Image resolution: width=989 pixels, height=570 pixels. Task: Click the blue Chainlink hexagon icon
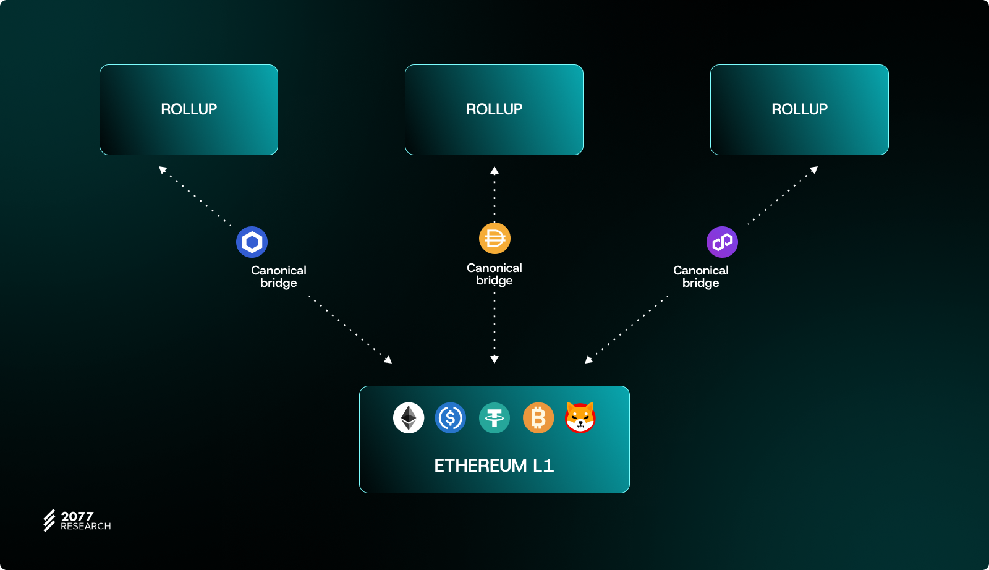coord(252,242)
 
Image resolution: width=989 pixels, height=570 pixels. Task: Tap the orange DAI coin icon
coord(494,238)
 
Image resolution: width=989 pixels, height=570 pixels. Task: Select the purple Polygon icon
coord(722,242)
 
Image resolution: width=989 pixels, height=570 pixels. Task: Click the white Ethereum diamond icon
coord(409,418)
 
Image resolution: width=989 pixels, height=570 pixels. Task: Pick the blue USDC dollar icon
coord(451,418)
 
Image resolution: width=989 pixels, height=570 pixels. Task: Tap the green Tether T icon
coord(494,418)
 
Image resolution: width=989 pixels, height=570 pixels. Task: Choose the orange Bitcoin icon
coord(538,418)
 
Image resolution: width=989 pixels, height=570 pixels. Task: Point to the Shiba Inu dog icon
coord(580,417)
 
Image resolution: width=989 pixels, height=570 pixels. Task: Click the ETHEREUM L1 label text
coord(494,466)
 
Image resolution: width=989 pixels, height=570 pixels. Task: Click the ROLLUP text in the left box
coord(189,109)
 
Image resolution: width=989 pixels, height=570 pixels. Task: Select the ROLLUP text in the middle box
coord(494,109)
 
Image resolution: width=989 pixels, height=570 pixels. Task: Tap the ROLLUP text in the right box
coord(799,109)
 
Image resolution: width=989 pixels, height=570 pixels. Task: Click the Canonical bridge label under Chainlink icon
coord(279,276)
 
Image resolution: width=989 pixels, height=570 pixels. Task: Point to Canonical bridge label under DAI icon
coord(494,274)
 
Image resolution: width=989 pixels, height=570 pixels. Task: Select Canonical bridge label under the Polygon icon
coord(701,276)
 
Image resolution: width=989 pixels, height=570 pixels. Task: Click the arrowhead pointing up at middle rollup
coord(494,171)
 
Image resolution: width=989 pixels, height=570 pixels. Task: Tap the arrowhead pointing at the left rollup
coord(163,169)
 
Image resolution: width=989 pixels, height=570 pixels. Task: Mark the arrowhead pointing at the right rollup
coord(814,169)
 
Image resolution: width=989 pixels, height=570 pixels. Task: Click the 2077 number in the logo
coord(77,516)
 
